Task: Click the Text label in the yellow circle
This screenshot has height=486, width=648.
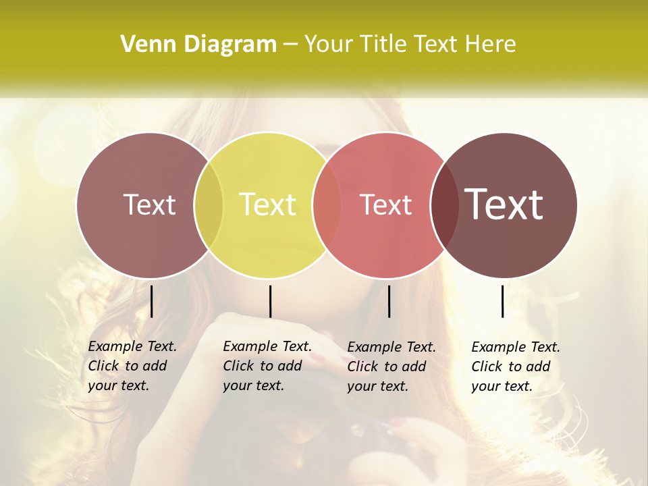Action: (x=268, y=205)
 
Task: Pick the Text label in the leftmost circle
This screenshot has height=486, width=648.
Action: (x=149, y=205)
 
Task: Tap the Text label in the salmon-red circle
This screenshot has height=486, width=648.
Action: (x=386, y=205)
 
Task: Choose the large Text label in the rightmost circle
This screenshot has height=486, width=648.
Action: (x=504, y=204)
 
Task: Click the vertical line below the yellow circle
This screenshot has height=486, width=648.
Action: (x=270, y=301)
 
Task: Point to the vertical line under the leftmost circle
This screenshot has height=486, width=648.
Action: (x=151, y=301)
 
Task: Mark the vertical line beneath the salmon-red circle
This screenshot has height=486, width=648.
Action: (x=389, y=301)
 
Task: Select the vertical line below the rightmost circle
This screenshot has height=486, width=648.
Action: (x=502, y=301)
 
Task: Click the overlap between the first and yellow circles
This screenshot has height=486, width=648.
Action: (x=209, y=205)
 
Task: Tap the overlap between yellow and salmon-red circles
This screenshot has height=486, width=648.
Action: (x=327, y=205)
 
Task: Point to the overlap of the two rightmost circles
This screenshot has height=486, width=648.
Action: (x=444, y=205)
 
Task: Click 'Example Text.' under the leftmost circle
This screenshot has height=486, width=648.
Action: (x=132, y=346)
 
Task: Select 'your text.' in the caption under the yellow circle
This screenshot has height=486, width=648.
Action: (x=253, y=386)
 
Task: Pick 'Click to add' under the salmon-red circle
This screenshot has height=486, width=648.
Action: (x=387, y=367)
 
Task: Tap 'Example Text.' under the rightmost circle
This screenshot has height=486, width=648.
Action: (x=516, y=347)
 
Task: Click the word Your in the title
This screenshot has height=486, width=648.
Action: (x=329, y=45)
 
